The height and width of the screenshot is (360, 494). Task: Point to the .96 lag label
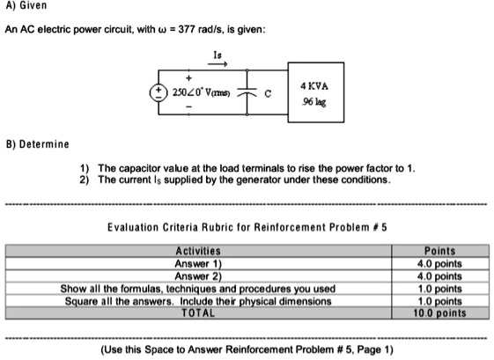tap(313, 104)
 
